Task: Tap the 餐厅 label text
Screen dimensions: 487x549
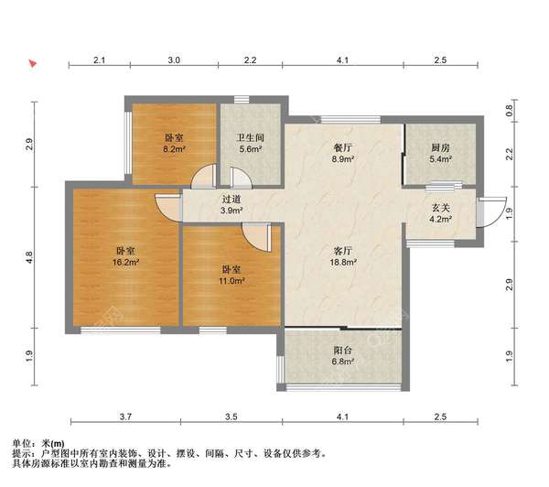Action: tap(343, 146)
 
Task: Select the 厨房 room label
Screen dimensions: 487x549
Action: tap(441, 146)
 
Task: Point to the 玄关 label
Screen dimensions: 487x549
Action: tap(441, 207)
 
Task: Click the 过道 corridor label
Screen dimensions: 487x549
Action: tap(231, 200)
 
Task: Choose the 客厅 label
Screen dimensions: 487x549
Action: tap(343, 250)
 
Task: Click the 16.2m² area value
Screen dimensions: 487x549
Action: tap(126, 263)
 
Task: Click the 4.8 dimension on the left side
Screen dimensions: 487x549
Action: tap(30, 260)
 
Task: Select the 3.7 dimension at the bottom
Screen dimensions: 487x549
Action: tap(125, 418)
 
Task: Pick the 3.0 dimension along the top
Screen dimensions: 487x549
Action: tap(174, 60)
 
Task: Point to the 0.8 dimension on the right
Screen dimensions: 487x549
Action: tap(509, 114)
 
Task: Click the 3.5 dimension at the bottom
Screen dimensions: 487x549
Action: tap(231, 418)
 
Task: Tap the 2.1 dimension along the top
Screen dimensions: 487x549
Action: tap(99, 60)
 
